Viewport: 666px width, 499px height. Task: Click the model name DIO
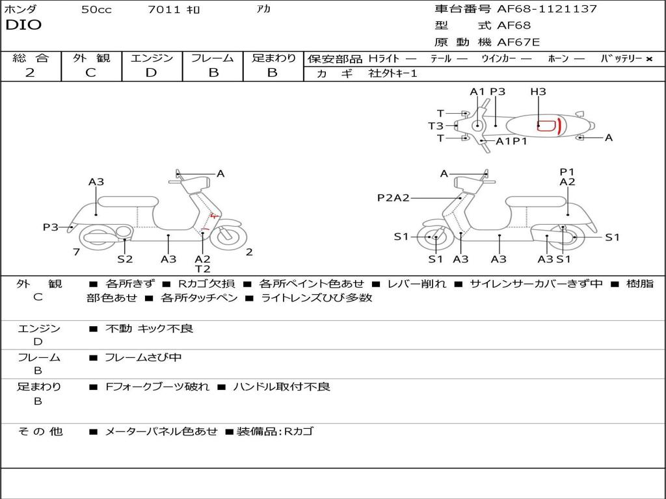tap(23, 25)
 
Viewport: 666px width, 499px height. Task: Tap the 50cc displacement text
tap(96, 10)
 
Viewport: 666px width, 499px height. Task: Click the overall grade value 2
tap(30, 73)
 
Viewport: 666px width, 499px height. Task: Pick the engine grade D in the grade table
tap(152, 73)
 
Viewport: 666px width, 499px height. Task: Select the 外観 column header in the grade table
tap(91, 58)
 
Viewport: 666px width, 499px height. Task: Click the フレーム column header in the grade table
tap(213, 58)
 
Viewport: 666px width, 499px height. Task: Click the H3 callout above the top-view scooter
tap(538, 92)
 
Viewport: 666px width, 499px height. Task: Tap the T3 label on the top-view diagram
tap(436, 126)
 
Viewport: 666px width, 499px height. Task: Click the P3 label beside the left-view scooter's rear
tap(50, 227)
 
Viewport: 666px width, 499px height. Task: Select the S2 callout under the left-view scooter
tap(125, 259)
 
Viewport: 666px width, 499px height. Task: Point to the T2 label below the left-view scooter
tap(203, 268)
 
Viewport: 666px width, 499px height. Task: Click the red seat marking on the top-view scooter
tap(550, 125)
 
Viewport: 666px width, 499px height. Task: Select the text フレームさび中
tap(143, 358)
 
